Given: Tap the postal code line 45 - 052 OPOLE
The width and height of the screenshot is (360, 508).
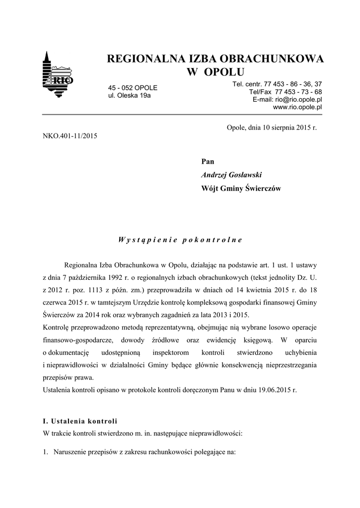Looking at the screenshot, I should [x=133, y=88].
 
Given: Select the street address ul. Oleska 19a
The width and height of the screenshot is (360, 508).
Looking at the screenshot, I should [x=129, y=95].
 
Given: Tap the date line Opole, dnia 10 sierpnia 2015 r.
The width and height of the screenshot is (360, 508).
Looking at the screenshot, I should [x=271, y=127].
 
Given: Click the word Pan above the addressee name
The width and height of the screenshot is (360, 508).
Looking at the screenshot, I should [x=208, y=161].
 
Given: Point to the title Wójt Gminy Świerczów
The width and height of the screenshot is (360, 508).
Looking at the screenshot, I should [x=241, y=189].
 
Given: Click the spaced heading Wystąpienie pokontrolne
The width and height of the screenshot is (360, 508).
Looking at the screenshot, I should [x=180, y=240].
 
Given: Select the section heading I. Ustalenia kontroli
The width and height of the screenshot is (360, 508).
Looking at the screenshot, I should [x=80, y=421].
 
